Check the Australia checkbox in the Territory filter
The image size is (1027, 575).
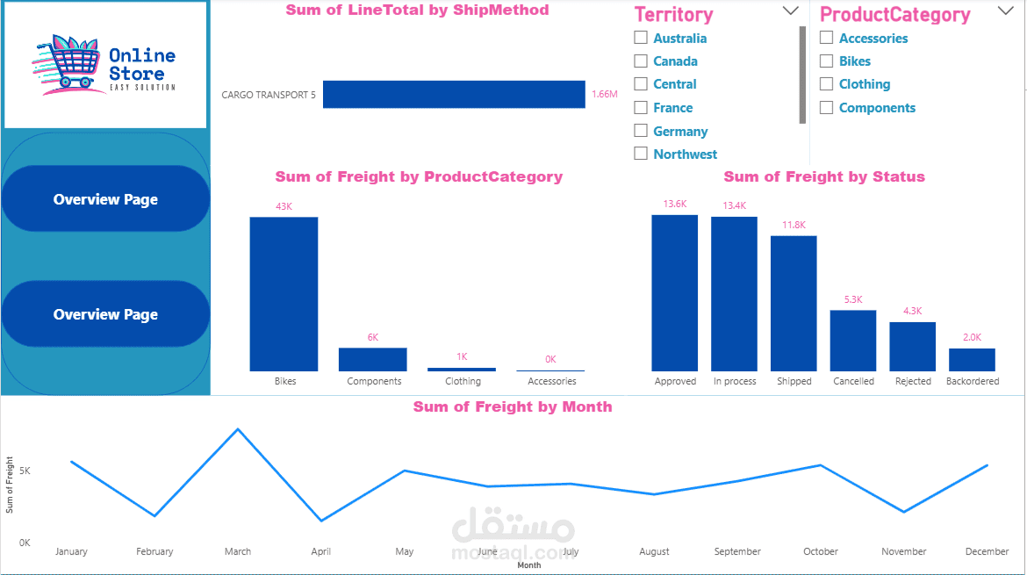tap(641, 38)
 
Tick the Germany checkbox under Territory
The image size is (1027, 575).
tap(641, 131)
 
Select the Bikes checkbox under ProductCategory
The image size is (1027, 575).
tap(827, 61)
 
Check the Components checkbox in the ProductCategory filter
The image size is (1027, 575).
tap(827, 107)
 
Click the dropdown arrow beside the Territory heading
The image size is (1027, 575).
tap(791, 11)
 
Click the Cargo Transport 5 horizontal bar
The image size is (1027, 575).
tap(454, 94)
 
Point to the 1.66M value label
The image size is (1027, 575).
tap(605, 94)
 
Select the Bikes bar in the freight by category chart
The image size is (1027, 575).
tap(284, 294)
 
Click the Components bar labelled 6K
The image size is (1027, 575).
tap(373, 360)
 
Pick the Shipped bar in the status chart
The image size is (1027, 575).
tap(794, 303)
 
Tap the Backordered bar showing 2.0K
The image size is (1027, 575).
tap(972, 360)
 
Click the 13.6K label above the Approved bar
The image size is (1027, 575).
tap(675, 205)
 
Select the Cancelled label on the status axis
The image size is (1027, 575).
tap(853, 381)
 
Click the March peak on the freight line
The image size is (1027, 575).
tap(238, 429)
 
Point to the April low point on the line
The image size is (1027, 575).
tap(321, 521)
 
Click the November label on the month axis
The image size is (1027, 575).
tap(904, 551)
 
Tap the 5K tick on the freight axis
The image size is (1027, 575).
tap(25, 471)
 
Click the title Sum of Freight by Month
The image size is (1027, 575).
tap(513, 406)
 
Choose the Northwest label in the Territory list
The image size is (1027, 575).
tap(685, 155)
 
